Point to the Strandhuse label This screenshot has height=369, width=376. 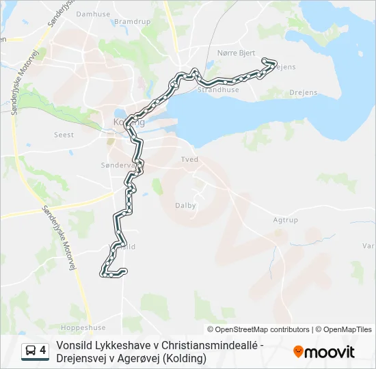pyautogui.click(x=218, y=90)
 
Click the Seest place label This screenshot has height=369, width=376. pyautogui.click(x=64, y=135)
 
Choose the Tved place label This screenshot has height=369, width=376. pyautogui.click(x=189, y=159)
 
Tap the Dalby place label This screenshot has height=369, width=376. pyautogui.click(x=185, y=205)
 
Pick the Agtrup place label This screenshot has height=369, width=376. pyautogui.click(x=285, y=220)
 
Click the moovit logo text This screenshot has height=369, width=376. pyautogui.click(x=330, y=352)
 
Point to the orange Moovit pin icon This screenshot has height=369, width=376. pyautogui.click(x=298, y=352)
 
